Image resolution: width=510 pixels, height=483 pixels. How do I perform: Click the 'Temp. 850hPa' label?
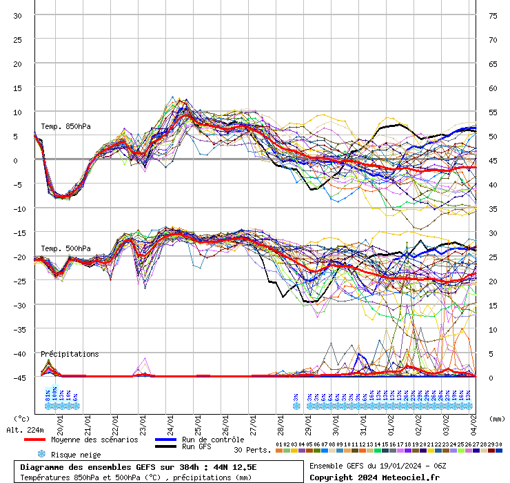click(65, 126)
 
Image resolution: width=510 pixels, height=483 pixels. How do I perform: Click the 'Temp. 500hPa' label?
click(65, 248)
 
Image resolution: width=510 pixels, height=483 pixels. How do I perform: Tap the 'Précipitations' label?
click(69, 354)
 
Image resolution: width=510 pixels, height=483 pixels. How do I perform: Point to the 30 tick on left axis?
click(18, 16)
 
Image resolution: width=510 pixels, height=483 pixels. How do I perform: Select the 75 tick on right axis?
click(493, 16)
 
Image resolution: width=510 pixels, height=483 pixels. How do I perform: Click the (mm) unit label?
click(497, 418)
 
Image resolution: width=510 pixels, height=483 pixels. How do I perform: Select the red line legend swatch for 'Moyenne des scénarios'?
click(34, 440)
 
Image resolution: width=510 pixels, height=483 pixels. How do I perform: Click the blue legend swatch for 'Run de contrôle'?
click(165, 440)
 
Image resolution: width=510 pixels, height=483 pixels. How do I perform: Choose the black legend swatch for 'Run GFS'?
click(165, 447)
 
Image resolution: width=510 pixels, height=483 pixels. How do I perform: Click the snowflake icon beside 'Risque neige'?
click(41, 454)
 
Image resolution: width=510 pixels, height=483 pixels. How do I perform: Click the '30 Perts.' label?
click(252, 450)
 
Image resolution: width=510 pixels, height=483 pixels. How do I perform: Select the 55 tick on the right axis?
click(493, 112)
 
